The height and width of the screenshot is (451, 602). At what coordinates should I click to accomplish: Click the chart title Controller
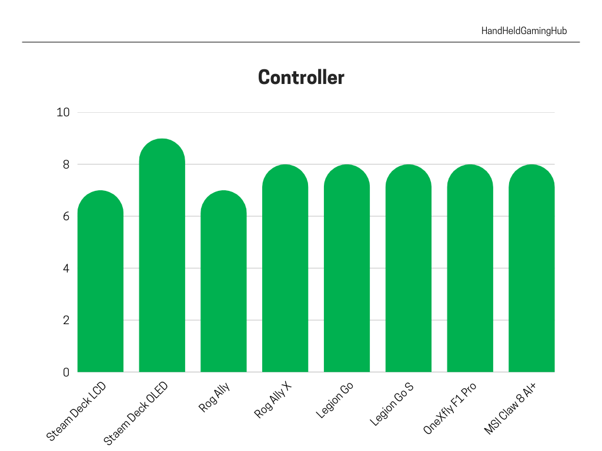(x=301, y=77)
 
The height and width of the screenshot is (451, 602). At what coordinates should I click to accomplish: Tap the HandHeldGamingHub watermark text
(x=524, y=31)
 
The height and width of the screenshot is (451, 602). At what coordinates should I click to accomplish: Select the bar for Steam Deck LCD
(x=101, y=281)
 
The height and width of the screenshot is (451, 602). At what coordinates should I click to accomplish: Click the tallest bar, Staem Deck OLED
(x=162, y=255)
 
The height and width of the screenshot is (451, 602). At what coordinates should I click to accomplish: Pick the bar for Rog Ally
(x=223, y=281)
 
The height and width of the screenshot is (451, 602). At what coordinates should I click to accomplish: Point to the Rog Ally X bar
(x=285, y=268)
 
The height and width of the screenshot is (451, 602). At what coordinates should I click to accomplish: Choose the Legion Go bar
(x=347, y=268)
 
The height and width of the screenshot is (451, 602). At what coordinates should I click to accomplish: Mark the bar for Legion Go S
(x=409, y=268)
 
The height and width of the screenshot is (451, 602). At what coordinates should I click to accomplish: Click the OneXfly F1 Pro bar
(x=470, y=268)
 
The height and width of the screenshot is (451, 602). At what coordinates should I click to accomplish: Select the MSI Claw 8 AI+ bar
(x=531, y=268)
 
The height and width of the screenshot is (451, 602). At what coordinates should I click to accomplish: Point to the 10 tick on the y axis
(x=63, y=112)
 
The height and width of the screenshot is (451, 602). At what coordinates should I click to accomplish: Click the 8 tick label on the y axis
(x=66, y=164)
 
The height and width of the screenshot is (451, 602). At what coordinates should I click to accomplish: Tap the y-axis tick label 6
(x=66, y=216)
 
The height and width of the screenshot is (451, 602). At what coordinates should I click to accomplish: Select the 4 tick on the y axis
(x=66, y=268)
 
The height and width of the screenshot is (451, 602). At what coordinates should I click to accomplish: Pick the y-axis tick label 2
(x=66, y=320)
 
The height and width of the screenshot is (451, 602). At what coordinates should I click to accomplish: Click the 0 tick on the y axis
(x=66, y=372)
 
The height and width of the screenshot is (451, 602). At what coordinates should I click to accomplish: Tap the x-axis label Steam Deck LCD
(x=76, y=410)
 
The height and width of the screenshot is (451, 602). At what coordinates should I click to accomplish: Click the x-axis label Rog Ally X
(x=273, y=400)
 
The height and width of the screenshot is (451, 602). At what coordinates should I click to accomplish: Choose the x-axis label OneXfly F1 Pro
(x=450, y=408)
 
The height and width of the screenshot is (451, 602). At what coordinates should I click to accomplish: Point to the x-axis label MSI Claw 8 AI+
(x=510, y=409)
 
